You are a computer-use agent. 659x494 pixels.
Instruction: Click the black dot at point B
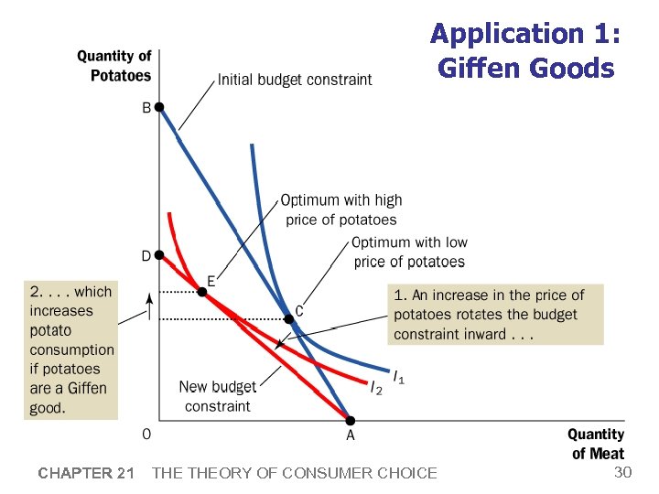point(158,107)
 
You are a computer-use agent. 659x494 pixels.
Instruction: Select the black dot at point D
point(158,256)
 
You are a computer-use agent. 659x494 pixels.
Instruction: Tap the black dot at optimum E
point(202,293)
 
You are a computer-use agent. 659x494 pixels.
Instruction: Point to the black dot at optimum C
point(288,319)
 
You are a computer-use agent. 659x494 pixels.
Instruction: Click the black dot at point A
point(350,420)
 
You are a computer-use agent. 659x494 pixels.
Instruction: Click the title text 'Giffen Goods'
point(525,68)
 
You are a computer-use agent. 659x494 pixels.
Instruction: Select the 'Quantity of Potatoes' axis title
point(114,66)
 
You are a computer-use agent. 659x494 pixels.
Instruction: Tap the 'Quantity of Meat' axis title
point(596,444)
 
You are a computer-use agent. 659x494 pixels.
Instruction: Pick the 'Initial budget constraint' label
point(295,80)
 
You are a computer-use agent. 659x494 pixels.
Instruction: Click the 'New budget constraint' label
point(217,396)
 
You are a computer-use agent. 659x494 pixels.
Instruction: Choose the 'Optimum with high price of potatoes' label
point(340,209)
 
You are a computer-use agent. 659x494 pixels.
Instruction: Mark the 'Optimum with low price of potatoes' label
point(409,252)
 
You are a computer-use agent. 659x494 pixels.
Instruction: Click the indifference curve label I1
point(399,376)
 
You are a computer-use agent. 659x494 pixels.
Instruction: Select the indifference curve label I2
point(376,389)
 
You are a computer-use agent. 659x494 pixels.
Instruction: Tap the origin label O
point(146,434)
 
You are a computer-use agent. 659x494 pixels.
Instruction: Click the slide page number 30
point(622,472)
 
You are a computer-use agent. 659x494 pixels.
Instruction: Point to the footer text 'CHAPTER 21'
point(86,473)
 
